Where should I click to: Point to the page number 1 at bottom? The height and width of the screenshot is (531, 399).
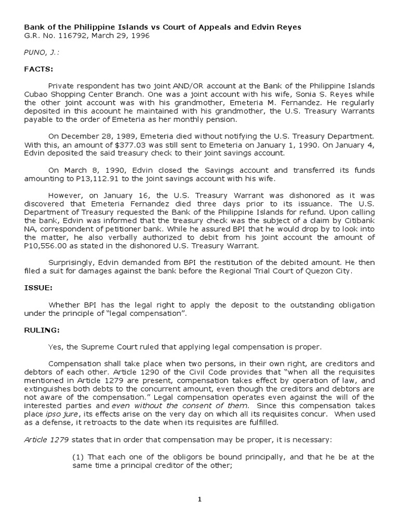[199, 499]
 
